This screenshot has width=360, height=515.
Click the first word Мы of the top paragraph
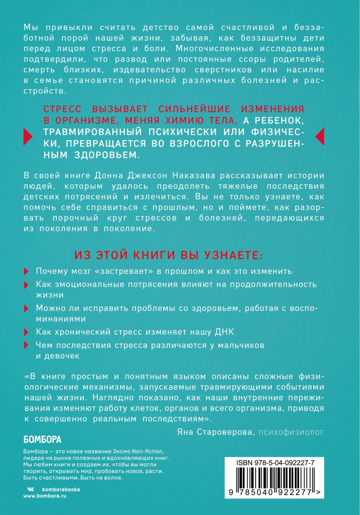[30, 28]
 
